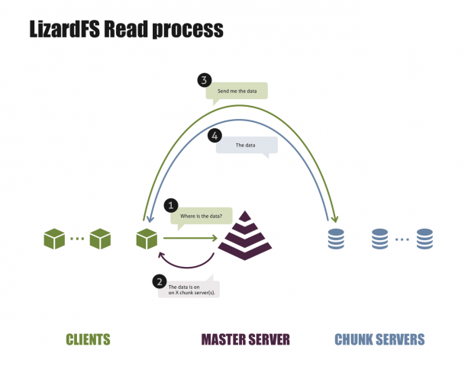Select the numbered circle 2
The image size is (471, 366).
point(159,281)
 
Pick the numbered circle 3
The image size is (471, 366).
point(203,79)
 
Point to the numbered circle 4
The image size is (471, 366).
point(215,135)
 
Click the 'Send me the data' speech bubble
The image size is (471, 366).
point(237,91)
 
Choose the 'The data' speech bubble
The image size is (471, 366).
point(246,146)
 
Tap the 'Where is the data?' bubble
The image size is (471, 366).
point(200,216)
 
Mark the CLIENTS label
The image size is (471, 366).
point(89,339)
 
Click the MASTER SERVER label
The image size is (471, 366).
point(245,339)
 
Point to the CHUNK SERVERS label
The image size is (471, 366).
point(379,339)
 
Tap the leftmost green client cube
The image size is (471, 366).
point(55,239)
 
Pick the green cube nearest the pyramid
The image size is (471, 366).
point(147,239)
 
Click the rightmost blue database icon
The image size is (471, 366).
point(424,239)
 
